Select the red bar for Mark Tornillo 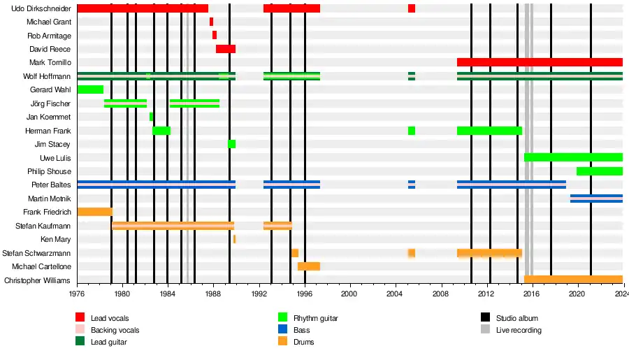click(x=539, y=62)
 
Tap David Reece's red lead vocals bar click(x=225, y=49)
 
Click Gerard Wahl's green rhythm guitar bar click(x=90, y=89)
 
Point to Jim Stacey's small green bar click(x=231, y=144)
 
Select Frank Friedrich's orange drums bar click(x=94, y=212)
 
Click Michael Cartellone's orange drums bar click(x=308, y=266)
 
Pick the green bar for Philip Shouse click(x=599, y=171)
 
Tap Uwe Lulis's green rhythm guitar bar click(x=572, y=157)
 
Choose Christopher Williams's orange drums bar click(x=572, y=280)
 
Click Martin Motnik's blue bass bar click(x=595, y=199)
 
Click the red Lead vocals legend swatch click(x=80, y=318)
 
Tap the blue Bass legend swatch click(x=283, y=330)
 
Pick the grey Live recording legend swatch click(x=486, y=330)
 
